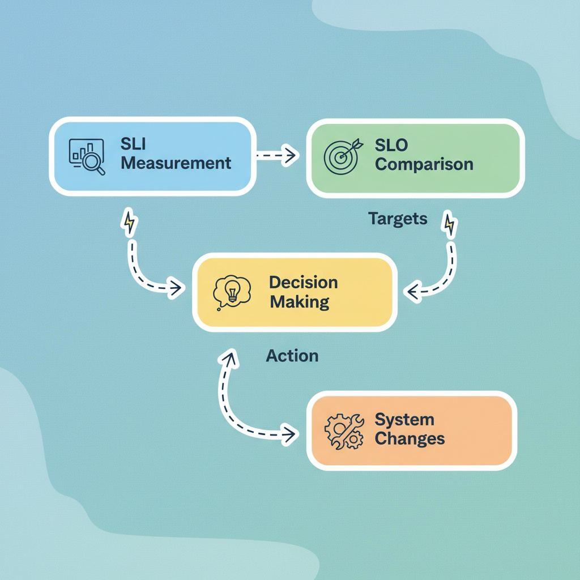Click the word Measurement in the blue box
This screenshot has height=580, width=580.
pyautogui.click(x=176, y=163)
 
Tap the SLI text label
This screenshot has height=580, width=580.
pyautogui.click(x=133, y=143)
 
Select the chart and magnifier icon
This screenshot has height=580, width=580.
pyautogui.click(x=87, y=156)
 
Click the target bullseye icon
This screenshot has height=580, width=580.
pyautogui.click(x=342, y=156)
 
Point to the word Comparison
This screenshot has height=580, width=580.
pyautogui.click(x=424, y=164)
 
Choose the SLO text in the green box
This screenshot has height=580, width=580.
pyautogui.click(x=391, y=145)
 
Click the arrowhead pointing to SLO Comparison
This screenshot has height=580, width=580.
pyautogui.click(x=291, y=155)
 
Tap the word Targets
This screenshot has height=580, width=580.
pyautogui.click(x=398, y=219)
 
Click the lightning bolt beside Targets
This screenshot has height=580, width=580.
pyautogui.click(x=449, y=224)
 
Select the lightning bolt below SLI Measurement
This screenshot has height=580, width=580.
pyautogui.click(x=129, y=222)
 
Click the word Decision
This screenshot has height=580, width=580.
pyautogui.click(x=304, y=283)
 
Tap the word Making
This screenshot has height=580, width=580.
pyautogui.click(x=300, y=302)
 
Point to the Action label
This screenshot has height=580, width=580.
pyautogui.click(x=292, y=356)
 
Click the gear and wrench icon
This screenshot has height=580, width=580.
pyautogui.click(x=344, y=431)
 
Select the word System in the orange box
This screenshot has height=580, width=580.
pyautogui.click(x=404, y=420)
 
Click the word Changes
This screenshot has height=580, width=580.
pyautogui.click(x=410, y=439)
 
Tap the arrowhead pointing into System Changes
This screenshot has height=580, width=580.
pyautogui.click(x=291, y=434)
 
